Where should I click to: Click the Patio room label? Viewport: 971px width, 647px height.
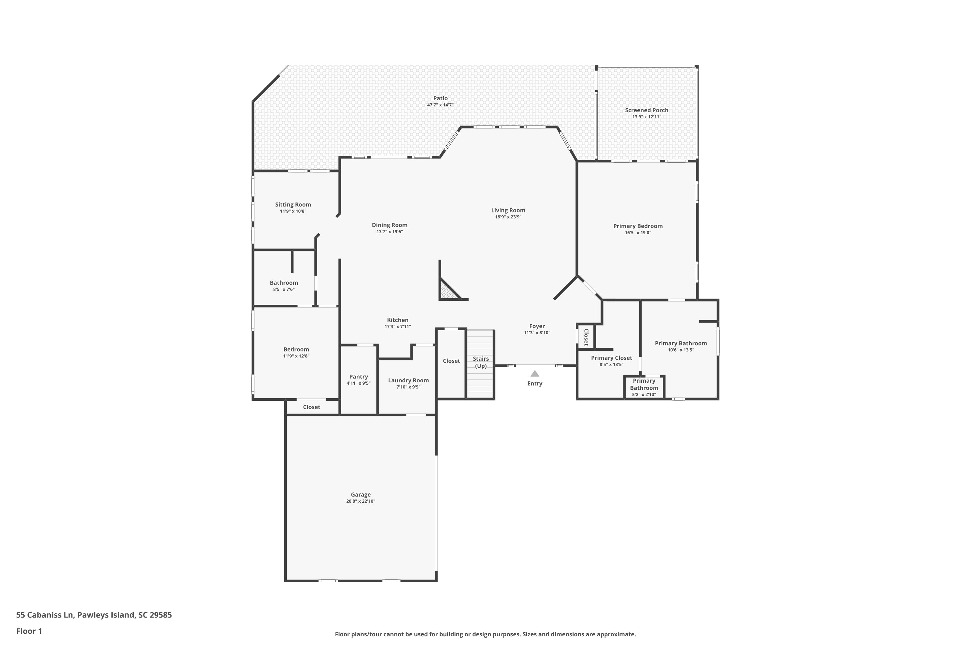pos(440,98)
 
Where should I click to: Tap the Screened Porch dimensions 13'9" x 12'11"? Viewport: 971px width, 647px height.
pos(646,117)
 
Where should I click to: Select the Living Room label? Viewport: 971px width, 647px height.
pos(508,211)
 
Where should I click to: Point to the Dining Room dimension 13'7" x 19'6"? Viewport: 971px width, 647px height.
pos(389,232)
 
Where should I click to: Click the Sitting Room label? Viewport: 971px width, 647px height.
pos(293,205)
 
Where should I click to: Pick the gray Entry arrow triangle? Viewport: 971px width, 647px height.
pos(535,374)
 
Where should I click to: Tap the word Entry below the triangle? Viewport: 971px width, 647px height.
pos(535,384)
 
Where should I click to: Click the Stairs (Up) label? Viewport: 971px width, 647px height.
pos(481,362)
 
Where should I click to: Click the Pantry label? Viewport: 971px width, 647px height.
pos(358,377)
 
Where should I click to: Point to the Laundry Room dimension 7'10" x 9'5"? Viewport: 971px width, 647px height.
pos(408,387)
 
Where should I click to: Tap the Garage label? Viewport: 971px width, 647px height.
pos(361,495)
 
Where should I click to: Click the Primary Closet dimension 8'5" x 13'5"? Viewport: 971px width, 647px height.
pos(611,365)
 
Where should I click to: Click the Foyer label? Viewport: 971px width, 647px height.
pos(537,326)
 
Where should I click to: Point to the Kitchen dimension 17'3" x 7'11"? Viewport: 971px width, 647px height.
pos(397,327)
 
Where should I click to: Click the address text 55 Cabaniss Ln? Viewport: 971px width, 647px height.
pos(45,615)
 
